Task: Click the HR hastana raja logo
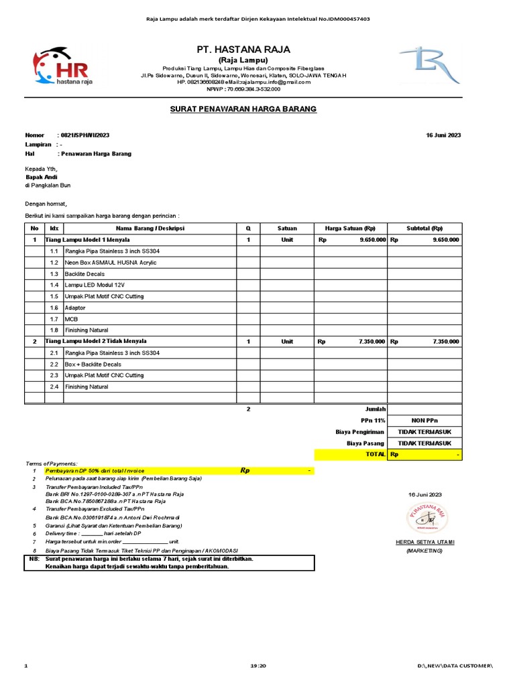click(x=60, y=67)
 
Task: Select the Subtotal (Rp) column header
click(x=424, y=228)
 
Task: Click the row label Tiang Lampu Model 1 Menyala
click(x=88, y=239)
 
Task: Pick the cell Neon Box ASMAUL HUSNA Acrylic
click(x=111, y=263)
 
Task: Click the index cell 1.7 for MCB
click(x=54, y=319)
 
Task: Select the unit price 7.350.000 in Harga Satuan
click(x=371, y=342)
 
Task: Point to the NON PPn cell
click(x=424, y=421)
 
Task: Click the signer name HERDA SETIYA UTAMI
click(x=424, y=541)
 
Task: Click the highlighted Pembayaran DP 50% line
click(x=101, y=471)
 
